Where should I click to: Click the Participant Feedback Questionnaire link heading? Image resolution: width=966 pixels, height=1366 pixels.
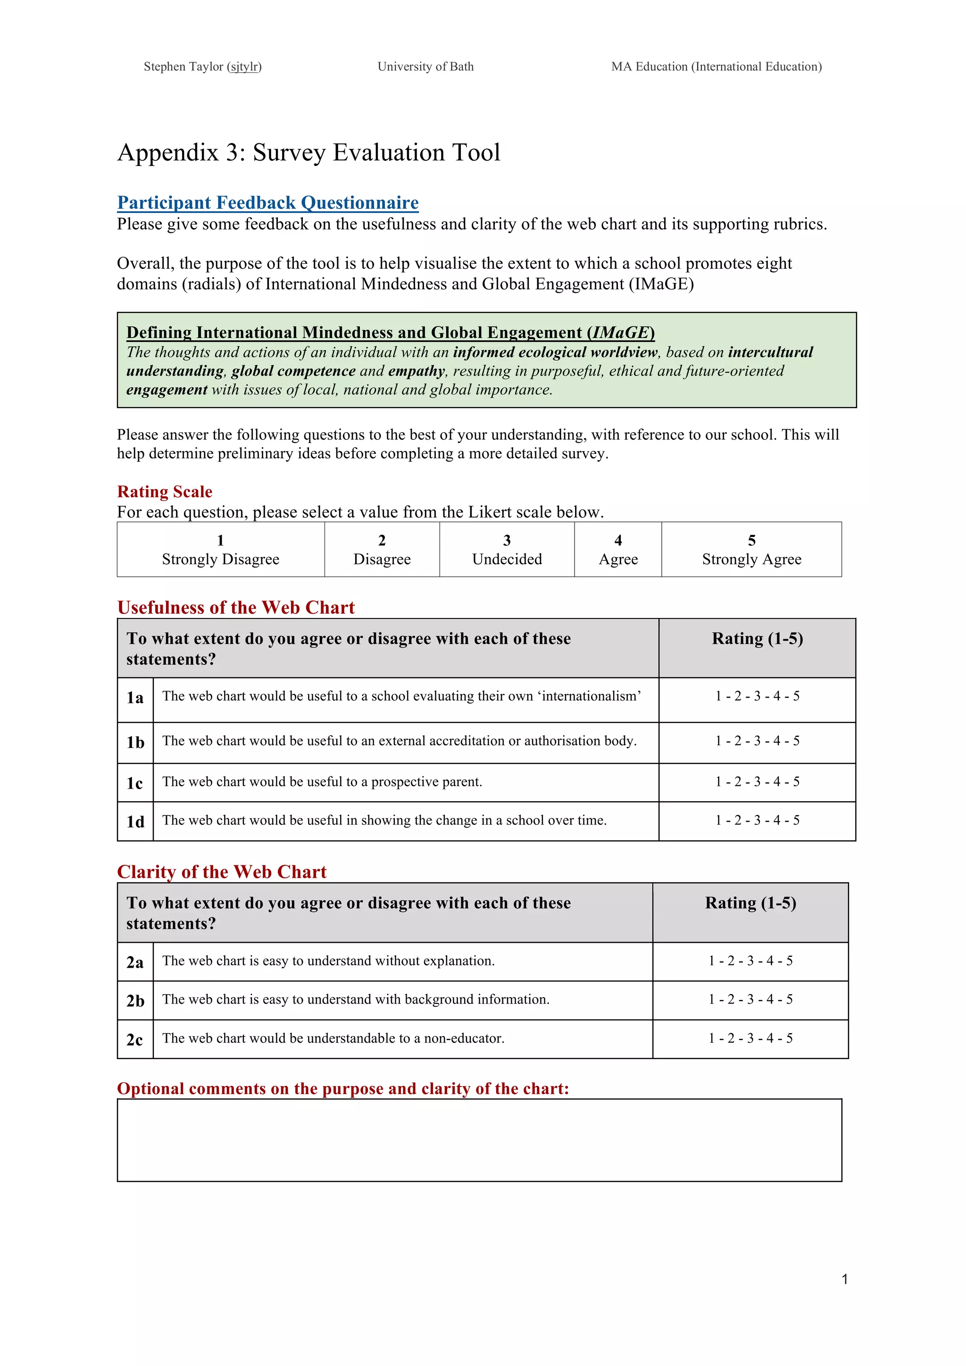[x=268, y=203]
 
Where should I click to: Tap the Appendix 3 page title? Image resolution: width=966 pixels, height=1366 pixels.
[x=308, y=152]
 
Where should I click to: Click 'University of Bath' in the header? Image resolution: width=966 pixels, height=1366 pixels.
[x=425, y=66]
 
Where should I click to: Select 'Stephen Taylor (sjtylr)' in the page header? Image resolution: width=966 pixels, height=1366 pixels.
[x=202, y=66]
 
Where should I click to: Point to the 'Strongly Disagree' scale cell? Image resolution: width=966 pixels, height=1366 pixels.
[x=220, y=550]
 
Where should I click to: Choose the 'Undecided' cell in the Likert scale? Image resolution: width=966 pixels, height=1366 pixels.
[x=507, y=550]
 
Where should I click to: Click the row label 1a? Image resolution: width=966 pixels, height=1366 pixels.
[x=135, y=699]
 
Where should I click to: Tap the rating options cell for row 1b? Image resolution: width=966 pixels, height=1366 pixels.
[x=757, y=741]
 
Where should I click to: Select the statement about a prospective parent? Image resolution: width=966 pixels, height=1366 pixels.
[x=322, y=782]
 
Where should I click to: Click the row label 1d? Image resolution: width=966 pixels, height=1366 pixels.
[x=135, y=822]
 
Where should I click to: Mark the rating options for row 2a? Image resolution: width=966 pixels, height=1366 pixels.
[x=750, y=961]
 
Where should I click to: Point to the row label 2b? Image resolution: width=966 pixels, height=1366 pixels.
[x=135, y=1001]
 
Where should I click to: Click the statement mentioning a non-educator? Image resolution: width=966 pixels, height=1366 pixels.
[x=333, y=1038]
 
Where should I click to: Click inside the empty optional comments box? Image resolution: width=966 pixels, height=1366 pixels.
[x=479, y=1140]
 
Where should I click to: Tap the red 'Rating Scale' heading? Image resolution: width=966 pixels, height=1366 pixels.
[x=165, y=492]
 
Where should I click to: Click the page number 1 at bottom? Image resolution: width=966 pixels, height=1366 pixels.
[x=845, y=1279]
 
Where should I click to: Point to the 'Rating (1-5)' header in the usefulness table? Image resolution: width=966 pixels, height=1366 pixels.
[x=757, y=639]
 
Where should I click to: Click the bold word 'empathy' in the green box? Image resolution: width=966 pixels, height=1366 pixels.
[x=416, y=371]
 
